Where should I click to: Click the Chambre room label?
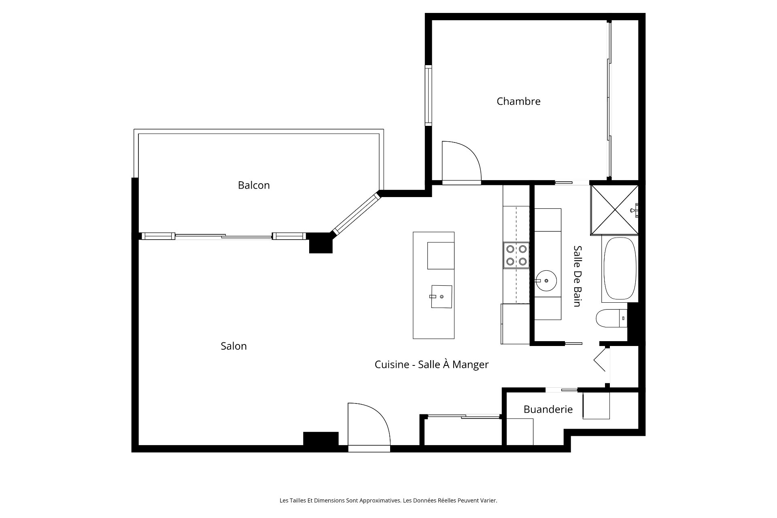point(518,101)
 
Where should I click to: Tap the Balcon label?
point(254,185)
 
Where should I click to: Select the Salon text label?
point(234,346)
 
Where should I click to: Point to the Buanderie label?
point(548,409)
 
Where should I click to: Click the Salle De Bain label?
point(577,276)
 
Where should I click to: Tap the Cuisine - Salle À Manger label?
point(431,365)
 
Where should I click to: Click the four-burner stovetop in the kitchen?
point(516,255)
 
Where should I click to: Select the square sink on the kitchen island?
point(442,297)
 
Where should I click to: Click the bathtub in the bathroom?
point(620,269)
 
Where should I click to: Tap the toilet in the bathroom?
point(611,318)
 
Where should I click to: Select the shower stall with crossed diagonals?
point(615,210)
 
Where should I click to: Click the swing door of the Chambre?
point(461,162)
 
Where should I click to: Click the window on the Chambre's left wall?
point(428,95)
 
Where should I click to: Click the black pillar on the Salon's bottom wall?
point(321,439)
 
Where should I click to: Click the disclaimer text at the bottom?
point(388,501)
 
